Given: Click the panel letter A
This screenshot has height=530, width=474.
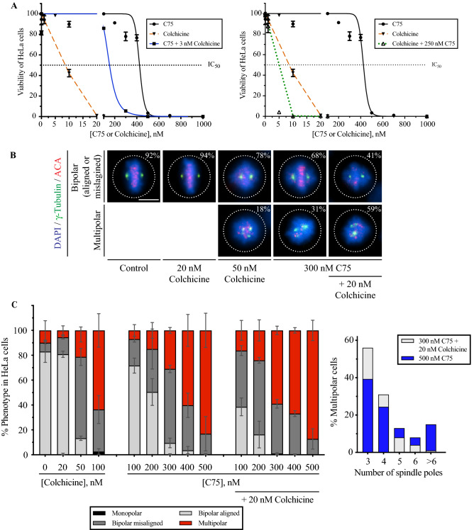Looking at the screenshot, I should point(8,6).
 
